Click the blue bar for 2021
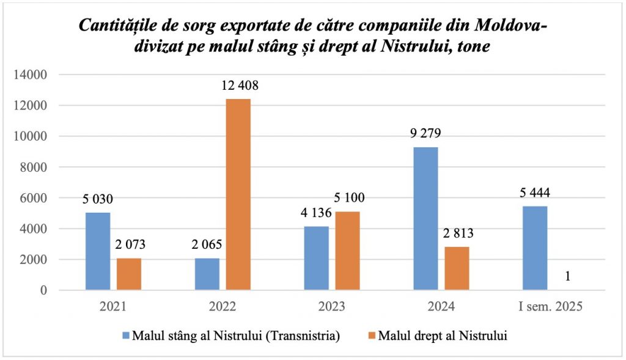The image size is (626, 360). coord(98,251)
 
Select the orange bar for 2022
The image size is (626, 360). coord(238,194)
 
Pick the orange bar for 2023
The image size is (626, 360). coord(348,251)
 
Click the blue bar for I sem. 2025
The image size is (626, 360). coord(535,248)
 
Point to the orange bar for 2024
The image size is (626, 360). coord(457,268)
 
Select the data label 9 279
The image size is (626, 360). coord(426,134)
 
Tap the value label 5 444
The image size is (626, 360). coord(535,193)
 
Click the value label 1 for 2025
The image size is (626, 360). coord(568,276)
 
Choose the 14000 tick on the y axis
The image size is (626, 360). coord(32,75)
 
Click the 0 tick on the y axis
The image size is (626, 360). coord(44,291)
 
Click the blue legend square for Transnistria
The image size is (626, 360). coord(127,335)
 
